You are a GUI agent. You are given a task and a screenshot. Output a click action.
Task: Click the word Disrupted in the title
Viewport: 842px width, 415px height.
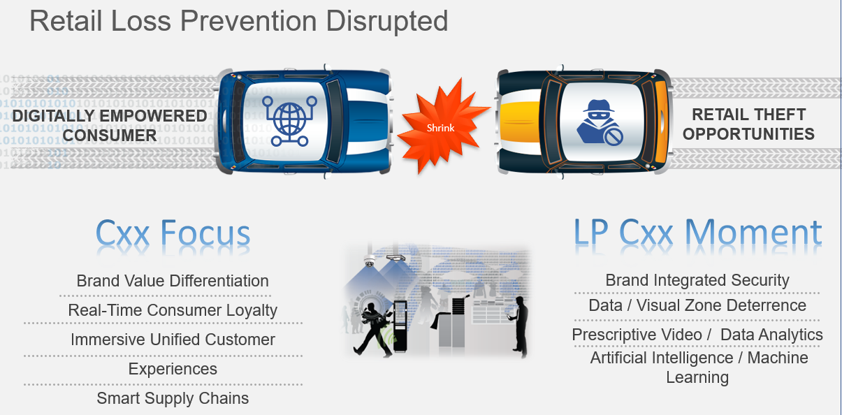point(387,22)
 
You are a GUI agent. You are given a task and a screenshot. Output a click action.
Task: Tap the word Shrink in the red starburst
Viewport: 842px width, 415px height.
point(440,128)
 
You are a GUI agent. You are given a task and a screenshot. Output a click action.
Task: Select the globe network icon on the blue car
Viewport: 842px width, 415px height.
point(289,121)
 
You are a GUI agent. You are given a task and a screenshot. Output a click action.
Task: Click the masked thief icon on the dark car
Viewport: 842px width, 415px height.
point(599,122)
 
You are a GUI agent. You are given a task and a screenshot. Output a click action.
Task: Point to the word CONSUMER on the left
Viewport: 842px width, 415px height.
point(110,136)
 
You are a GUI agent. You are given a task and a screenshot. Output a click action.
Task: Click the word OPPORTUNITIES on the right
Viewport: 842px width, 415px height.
point(748,134)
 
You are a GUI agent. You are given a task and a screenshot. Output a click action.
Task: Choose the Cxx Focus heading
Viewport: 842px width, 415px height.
point(173,233)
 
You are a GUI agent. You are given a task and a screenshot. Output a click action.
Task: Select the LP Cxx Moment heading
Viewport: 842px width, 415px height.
point(697,233)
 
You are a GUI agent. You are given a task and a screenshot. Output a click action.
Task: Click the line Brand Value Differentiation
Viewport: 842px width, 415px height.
point(173,281)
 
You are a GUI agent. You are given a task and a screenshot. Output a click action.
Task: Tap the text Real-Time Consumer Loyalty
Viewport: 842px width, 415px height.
point(173,310)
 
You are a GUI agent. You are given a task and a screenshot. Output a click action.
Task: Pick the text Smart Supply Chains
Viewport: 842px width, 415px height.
point(173,398)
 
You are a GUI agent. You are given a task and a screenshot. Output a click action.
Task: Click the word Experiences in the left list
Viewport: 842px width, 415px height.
point(173,369)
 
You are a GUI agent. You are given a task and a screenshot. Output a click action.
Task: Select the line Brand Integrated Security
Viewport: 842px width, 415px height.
point(697,280)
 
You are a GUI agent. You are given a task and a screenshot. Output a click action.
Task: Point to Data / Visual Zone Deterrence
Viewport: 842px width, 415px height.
point(697,305)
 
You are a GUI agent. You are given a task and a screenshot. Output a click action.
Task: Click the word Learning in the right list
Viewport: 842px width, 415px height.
point(697,377)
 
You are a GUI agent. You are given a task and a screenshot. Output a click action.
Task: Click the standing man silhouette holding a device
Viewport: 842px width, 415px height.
point(518,326)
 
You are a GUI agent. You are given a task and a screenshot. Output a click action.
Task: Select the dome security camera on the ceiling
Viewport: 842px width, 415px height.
point(370,261)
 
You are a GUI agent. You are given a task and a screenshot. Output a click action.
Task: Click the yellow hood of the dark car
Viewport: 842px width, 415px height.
point(521,122)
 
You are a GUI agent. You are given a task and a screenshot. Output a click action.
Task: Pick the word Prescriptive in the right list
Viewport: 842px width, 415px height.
point(637,335)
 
